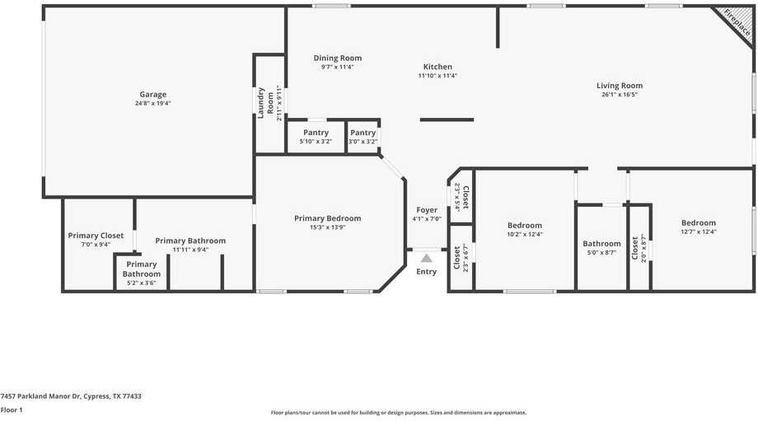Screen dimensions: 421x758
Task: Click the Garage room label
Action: coord(153,95)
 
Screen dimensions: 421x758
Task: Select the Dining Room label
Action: coord(338,58)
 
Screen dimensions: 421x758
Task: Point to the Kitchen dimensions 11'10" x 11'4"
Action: coord(437,76)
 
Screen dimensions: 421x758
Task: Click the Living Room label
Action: coord(620,86)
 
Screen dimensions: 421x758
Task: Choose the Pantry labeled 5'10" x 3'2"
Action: coord(316,133)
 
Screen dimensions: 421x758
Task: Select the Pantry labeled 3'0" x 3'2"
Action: coord(363,133)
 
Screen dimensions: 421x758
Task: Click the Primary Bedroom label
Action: coord(328,218)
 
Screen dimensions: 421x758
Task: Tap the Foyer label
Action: coord(427,210)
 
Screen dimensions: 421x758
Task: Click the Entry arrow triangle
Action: coord(426,258)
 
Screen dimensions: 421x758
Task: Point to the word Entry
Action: coord(426,272)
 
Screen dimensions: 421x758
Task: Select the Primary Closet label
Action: coord(96,236)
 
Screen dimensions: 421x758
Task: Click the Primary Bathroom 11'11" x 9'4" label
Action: coord(190,241)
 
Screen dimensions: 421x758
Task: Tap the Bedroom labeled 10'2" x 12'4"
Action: coord(525,226)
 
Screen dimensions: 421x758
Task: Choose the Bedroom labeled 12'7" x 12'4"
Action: coord(699,223)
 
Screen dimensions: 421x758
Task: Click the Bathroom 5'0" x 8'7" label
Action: coord(601,244)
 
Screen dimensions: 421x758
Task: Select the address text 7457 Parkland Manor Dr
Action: coord(71,396)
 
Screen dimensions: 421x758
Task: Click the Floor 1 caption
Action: coord(12,409)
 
